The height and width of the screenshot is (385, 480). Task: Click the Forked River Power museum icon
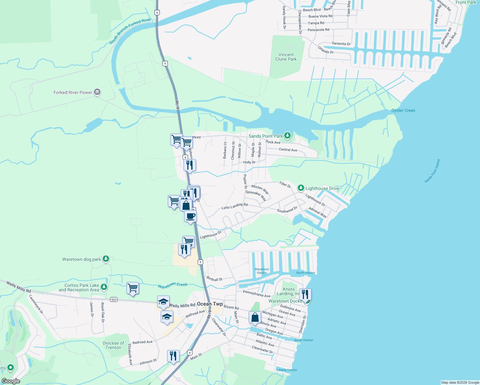(97, 92)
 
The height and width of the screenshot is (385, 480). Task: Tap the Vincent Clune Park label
(286, 57)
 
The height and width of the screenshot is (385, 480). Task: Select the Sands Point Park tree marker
(287, 136)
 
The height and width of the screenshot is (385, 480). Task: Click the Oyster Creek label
(403, 110)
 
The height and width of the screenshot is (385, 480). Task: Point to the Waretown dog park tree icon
(106, 259)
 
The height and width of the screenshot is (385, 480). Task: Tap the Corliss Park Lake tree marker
(104, 287)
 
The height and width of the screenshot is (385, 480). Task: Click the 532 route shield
(114, 300)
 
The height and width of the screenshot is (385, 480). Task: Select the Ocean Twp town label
(210, 304)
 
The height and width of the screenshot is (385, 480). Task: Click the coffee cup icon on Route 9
(190, 216)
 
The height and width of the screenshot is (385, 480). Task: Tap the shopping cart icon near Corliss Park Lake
(133, 288)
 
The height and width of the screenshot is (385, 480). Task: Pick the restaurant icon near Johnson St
(173, 356)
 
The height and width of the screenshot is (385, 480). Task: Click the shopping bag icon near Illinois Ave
(255, 318)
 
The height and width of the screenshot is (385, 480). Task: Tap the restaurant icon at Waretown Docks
(304, 294)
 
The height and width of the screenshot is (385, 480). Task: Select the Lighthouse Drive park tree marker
(301, 188)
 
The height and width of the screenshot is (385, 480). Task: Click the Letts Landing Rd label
(235, 206)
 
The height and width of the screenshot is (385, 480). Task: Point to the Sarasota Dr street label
(341, 44)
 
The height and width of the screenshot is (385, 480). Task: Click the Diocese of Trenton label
(113, 345)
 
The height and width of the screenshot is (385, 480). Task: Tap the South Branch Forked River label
(130, 31)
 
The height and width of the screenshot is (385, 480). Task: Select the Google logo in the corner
(11, 381)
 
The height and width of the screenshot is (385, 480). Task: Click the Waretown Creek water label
(173, 285)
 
